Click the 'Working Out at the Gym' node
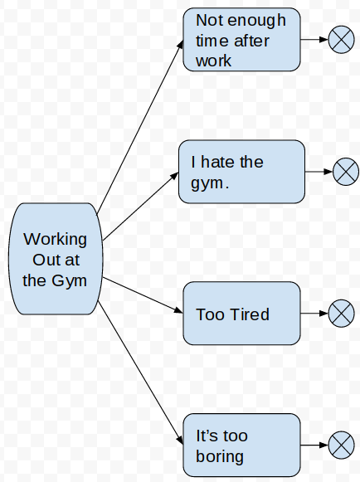pos(55,259)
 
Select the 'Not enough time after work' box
pos(241,39)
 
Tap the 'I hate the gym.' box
pos(241,172)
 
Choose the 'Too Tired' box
pos(241,313)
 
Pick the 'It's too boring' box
pos(241,445)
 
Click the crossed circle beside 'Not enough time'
pos(341,39)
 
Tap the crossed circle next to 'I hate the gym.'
pos(345,173)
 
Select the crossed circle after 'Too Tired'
pos(341,314)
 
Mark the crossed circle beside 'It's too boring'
pos(341,445)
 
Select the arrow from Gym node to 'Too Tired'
pos(141,295)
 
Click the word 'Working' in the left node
pos(55,240)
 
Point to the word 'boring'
pos(220,456)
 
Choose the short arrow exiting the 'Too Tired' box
pos(313,314)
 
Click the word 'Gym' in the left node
pos(69,280)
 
